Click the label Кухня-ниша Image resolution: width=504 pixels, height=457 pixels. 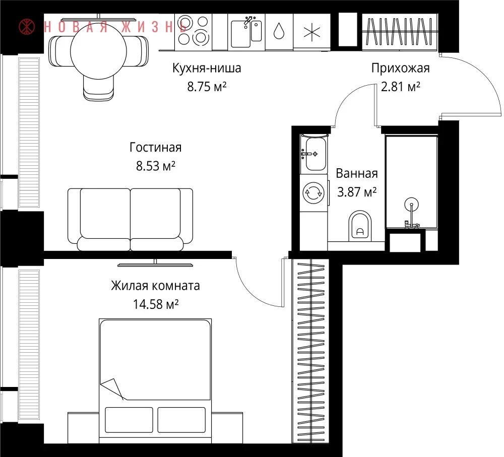[x=207, y=68]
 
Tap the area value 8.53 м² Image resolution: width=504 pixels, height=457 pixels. [x=156, y=166]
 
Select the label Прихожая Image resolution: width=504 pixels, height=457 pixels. [x=401, y=68]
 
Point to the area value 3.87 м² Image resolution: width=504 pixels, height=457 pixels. [x=357, y=192]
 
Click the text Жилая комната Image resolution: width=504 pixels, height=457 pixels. [x=156, y=285]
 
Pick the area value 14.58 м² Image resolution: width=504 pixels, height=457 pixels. [x=156, y=304]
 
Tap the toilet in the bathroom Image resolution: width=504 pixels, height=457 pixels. [x=360, y=226]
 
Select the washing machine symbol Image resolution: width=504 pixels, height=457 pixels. [x=313, y=193]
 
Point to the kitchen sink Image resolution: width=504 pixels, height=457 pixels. [x=246, y=32]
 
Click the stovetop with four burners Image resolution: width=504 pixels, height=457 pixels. [x=193, y=32]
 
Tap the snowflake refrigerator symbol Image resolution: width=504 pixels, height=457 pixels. [x=312, y=32]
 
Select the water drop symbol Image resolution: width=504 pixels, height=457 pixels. [x=279, y=31]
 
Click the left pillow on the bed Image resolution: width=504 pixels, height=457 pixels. [x=129, y=420]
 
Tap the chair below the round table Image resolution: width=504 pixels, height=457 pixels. [x=98, y=87]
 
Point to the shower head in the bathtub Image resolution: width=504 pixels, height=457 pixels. [x=411, y=204]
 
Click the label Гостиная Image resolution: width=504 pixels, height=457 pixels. [x=156, y=147]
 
